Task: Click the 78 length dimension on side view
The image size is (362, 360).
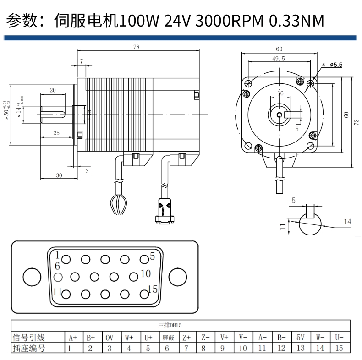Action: coord(136,47)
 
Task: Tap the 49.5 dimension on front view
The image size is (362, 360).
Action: coord(278,58)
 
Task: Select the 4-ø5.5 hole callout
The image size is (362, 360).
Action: coord(332,65)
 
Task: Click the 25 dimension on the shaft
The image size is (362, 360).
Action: coord(56,133)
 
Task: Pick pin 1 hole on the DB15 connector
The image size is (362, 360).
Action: coord(66,259)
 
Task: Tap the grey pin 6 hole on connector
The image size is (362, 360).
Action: coord(58,277)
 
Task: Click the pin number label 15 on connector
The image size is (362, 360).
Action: coord(152,289)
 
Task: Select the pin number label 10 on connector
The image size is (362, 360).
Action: coord(146,273)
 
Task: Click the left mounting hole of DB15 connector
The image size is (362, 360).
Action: coord(32,277)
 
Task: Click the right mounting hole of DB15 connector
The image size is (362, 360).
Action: coord(178,277)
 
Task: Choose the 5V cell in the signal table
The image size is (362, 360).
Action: coord(301,338)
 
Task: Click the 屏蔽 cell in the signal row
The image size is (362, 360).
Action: coord(168,338)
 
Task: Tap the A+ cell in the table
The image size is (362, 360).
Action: coord(72,338)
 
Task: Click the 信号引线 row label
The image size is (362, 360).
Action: coord(28,338)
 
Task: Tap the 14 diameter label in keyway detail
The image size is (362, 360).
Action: coord(347,222)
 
